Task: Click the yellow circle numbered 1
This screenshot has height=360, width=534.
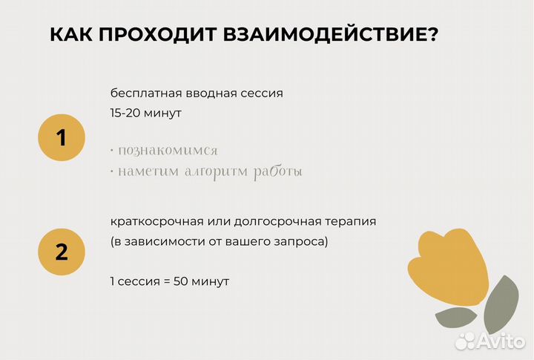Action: [x=62, y=137]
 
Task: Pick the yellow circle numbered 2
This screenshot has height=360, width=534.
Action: [x=62, y=252]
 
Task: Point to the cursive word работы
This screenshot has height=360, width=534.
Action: [x=278, y=172]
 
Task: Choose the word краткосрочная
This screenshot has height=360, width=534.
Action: [x=151, y=222]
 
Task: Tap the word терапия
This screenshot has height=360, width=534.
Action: [x=351, y=222]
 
